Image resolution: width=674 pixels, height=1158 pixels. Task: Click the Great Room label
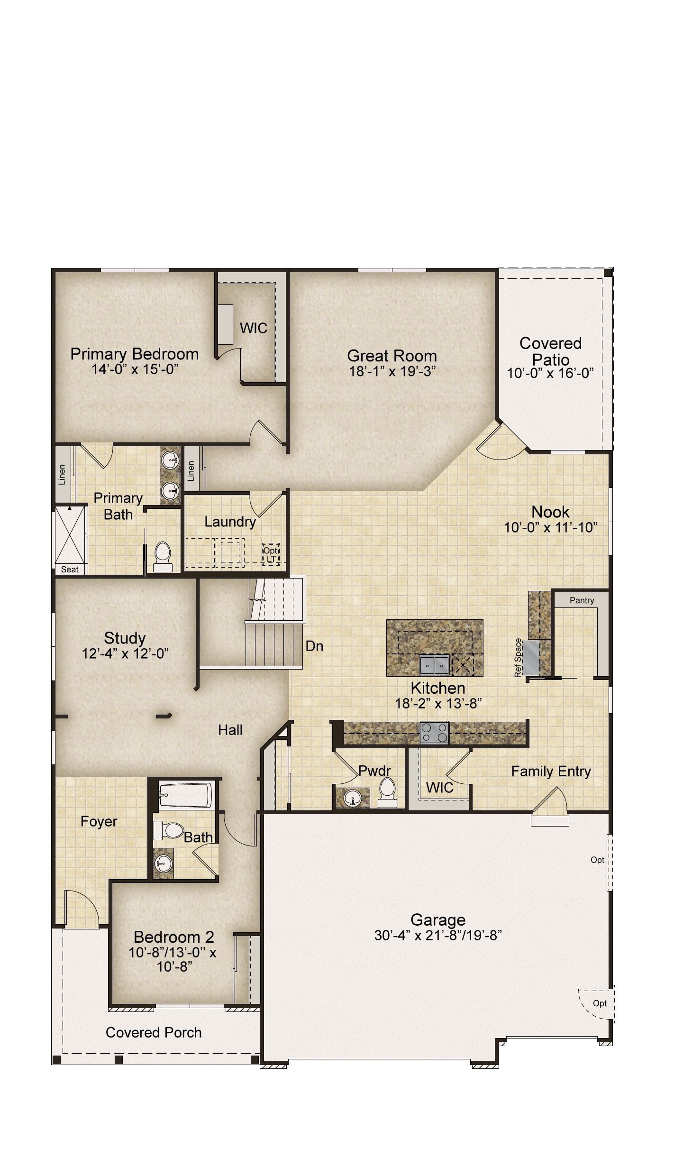[392, 356]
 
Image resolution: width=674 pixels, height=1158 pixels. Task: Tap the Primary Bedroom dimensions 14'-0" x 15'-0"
[135, 369]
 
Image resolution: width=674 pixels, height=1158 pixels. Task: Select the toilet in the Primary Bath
[162, 557]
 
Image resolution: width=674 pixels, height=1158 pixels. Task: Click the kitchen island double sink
[434, 665]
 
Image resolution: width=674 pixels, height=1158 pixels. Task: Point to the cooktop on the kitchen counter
[435, 732]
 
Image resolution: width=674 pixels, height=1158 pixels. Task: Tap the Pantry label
[582, 600]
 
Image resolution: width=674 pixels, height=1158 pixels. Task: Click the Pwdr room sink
[352, 797]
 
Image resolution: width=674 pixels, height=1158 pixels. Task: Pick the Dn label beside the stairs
[314, 646]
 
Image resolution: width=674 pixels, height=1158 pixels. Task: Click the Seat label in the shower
[70, 570]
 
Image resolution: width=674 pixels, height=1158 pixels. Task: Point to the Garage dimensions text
[438, 936]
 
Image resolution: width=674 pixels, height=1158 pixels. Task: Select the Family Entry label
[551, 772]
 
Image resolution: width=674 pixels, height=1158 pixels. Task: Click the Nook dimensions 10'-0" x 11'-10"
[550, 527]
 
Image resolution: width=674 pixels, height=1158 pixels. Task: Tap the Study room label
[125, 638]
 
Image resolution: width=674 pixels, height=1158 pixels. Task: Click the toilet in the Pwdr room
[387, 792]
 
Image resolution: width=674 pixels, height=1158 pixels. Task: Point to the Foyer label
[99, 821]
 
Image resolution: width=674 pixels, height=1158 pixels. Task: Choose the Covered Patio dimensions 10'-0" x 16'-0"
[550, 373]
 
